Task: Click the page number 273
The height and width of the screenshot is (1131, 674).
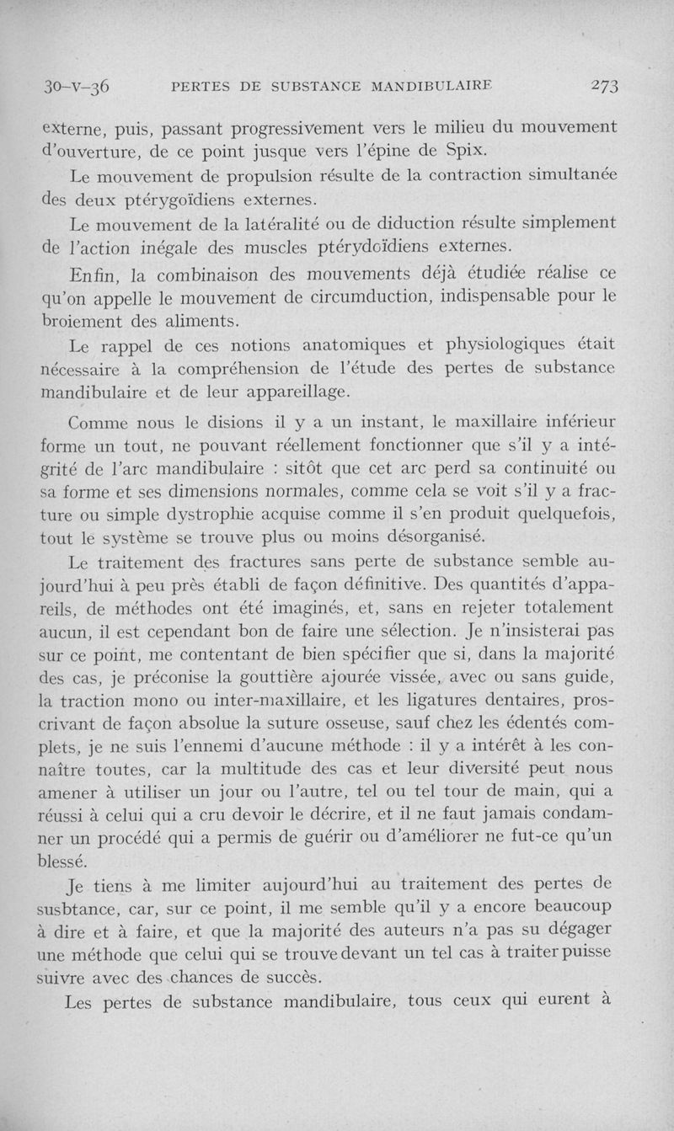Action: point(605,86)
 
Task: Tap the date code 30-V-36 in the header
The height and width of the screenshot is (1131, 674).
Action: point(78,86)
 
